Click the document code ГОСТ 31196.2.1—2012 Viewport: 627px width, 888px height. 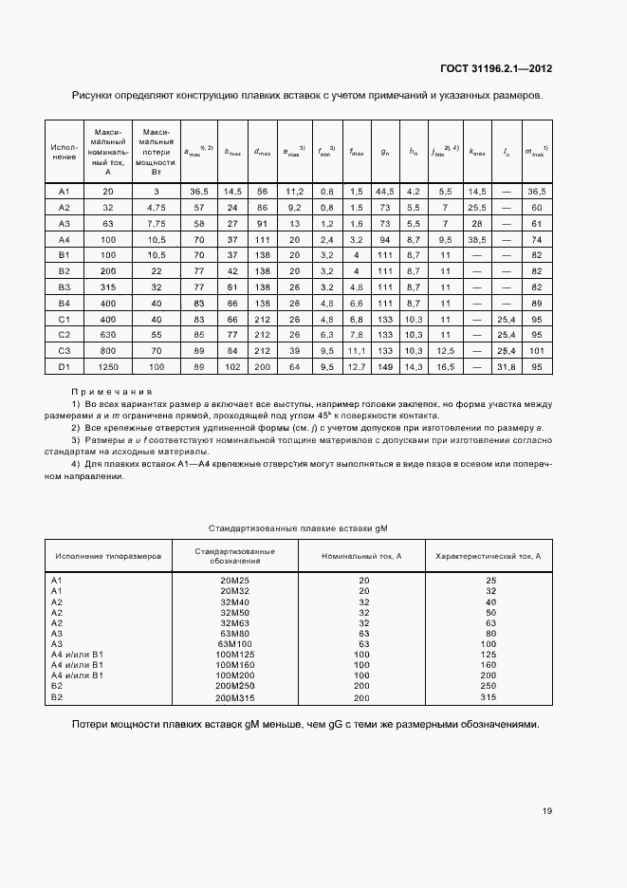pos(496,68)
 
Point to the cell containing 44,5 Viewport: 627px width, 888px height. pos(385,191)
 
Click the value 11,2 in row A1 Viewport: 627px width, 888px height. pos(294,191)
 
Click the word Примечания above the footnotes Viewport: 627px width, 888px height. pos(112,391)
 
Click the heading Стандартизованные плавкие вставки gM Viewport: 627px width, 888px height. pos(300,527)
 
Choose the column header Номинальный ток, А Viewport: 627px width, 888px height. pos(361,555)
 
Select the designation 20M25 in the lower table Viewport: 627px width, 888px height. pos(234,579)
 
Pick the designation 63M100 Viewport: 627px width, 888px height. pos(234,643)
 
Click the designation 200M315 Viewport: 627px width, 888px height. pos(236,697)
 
